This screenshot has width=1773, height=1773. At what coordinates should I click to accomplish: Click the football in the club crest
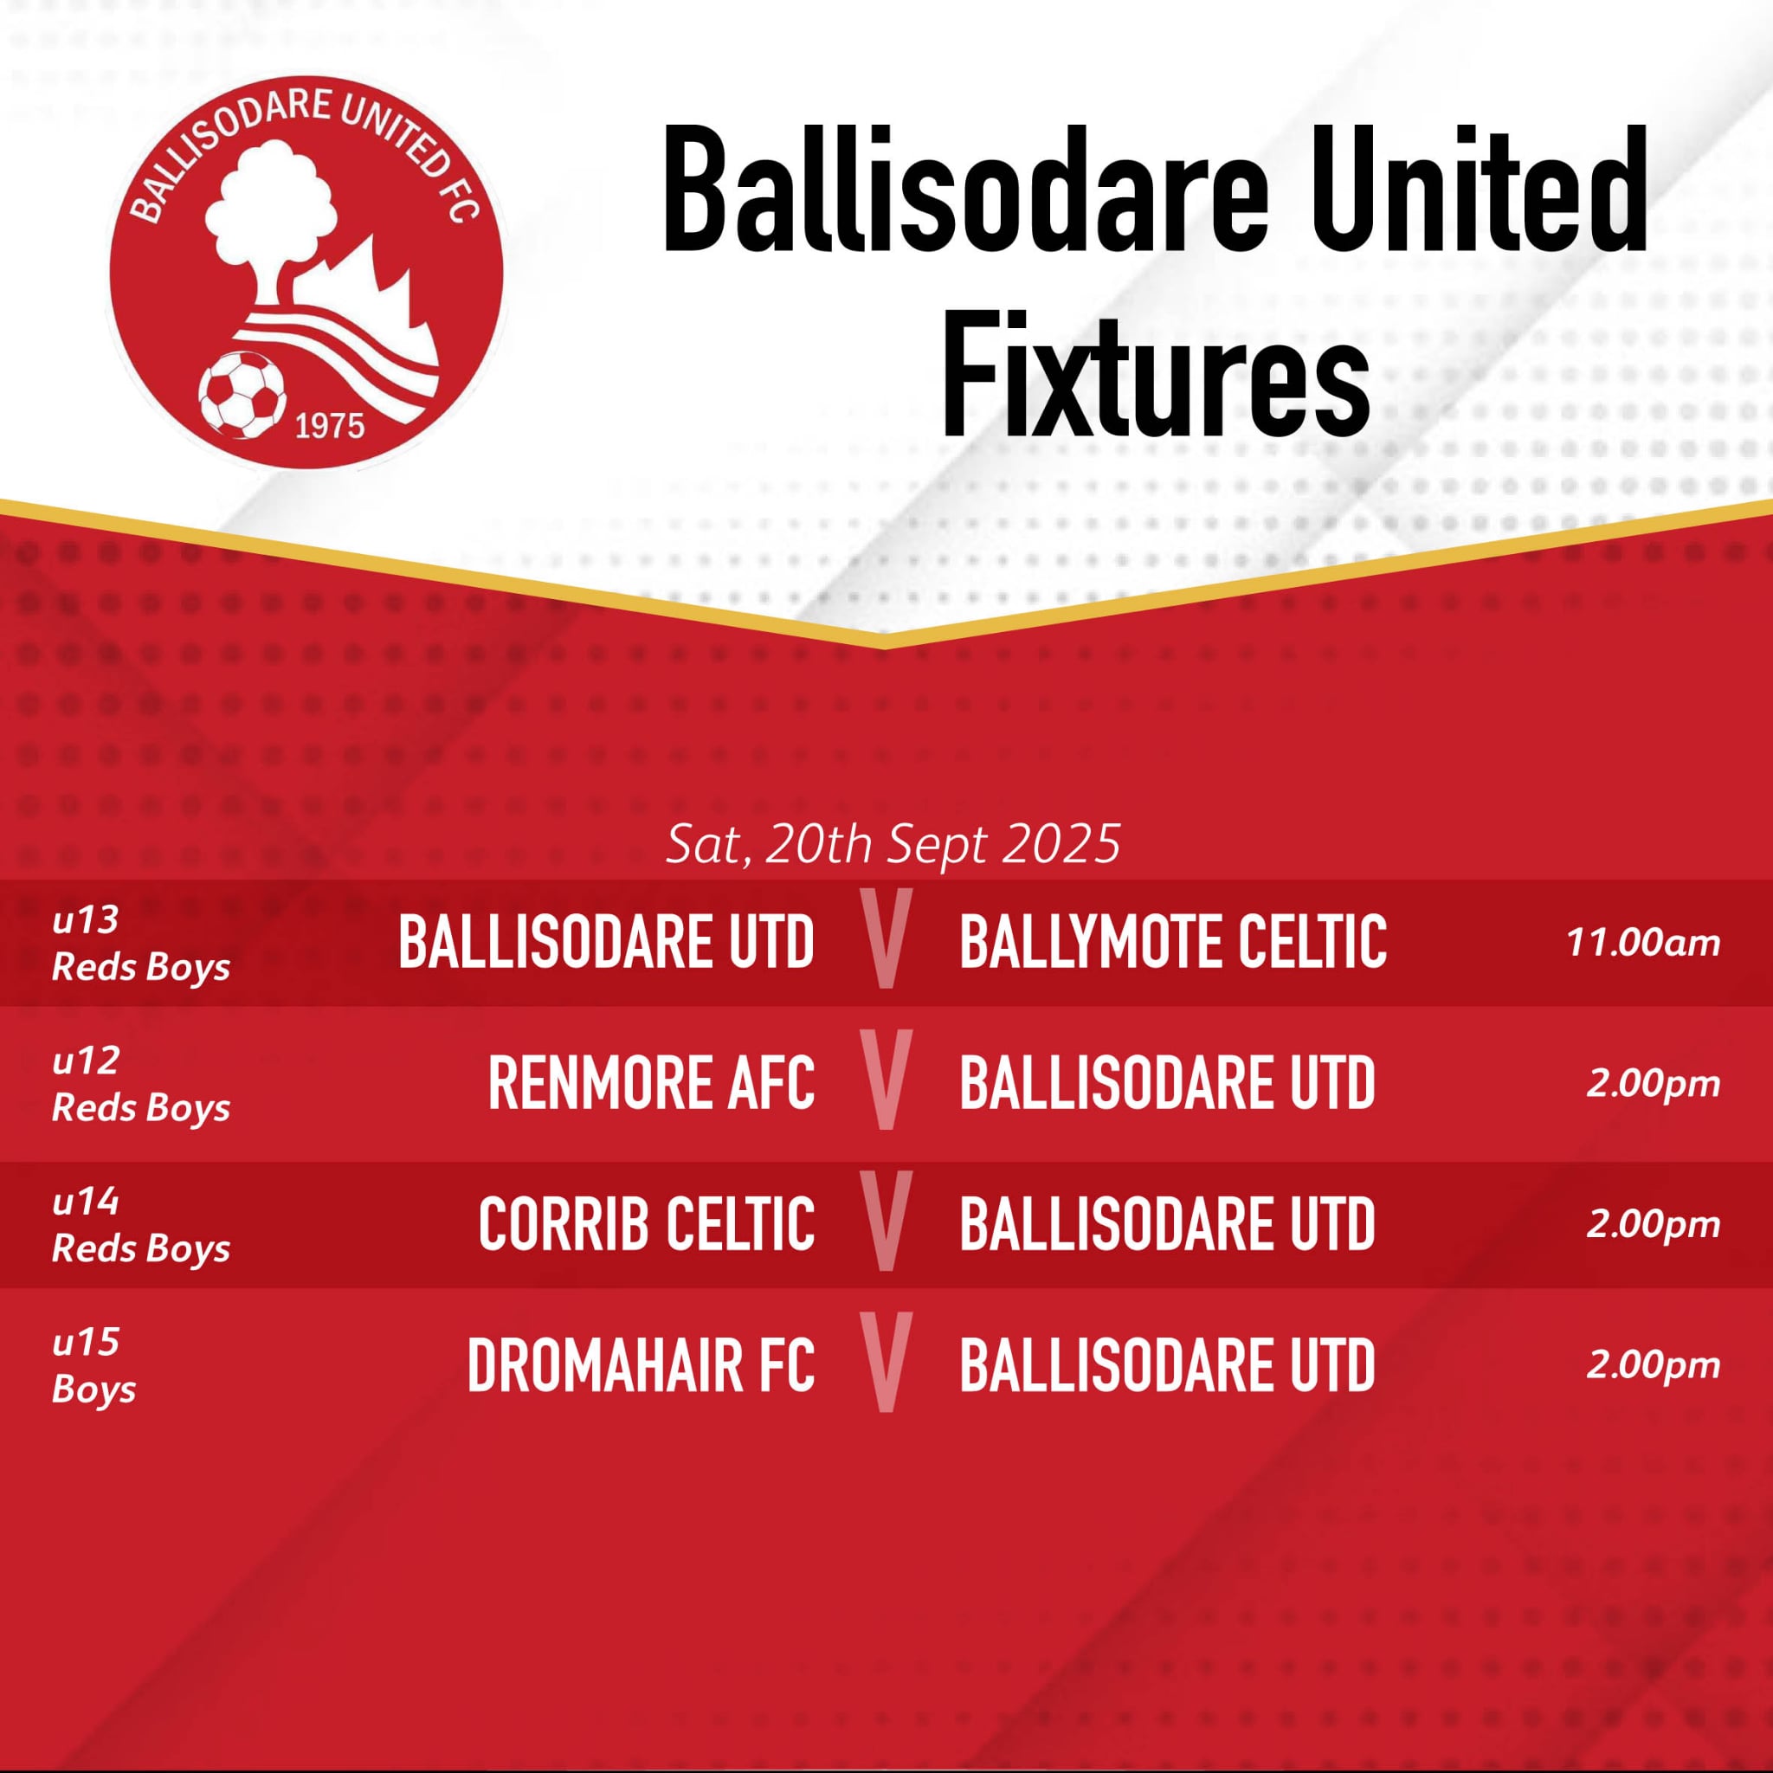coord(242,394)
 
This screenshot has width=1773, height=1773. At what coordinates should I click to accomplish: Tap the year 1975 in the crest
coord(330,427)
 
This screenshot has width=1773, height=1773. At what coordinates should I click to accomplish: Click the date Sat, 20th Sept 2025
coord(893,843)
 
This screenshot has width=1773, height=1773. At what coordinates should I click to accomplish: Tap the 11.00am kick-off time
coord(1642,943)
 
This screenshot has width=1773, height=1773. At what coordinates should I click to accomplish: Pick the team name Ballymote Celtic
coord(1173,943)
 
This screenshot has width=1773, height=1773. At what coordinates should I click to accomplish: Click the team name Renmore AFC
coord(651,1083)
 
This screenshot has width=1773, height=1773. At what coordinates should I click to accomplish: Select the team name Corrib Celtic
coord(646,1224)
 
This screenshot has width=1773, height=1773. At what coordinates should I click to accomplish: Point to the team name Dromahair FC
coord(641,1365)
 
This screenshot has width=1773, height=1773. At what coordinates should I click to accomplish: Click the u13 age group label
coord(86,919)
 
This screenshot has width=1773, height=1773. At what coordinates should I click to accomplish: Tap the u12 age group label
coord(86,1061)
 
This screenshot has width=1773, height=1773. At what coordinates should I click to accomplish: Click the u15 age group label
coord(86,1343)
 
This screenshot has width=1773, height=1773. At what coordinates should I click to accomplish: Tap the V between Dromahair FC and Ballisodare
coord(886,1362)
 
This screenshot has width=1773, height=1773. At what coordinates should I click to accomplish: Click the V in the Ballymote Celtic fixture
coord(886,938)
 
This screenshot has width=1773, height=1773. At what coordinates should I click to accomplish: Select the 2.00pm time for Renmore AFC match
coord(1653,1085)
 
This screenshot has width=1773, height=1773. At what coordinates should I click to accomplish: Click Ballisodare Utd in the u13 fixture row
coord(607,943)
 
